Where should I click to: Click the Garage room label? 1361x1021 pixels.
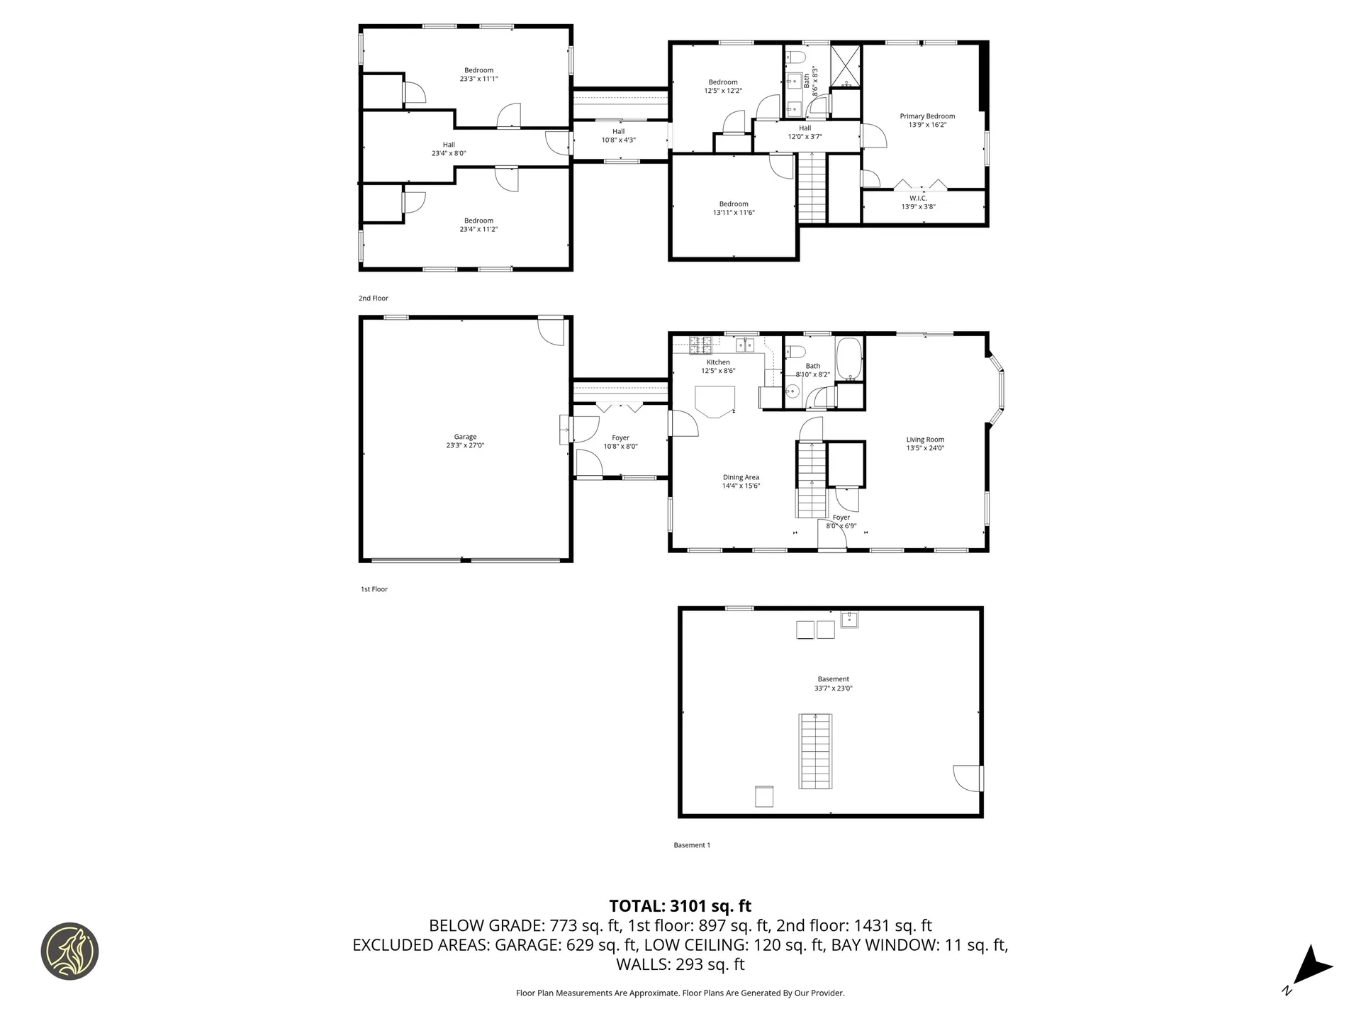[465, 437]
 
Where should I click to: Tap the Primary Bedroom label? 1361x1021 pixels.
[927, 116]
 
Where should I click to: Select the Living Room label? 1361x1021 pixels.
[925, 440]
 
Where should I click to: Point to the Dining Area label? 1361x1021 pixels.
[741, 477]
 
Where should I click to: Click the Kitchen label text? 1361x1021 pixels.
[718, 362]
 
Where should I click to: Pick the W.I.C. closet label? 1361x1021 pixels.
[918, 199]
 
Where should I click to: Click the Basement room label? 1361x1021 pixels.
[833, 679]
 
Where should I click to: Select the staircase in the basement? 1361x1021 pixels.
[815, 751]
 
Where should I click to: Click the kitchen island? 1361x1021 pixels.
[715, 401]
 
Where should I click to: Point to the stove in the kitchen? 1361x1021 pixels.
[701, 345]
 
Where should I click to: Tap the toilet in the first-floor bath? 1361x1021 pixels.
[794, 351]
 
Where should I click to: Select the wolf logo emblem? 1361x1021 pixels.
[69, 952]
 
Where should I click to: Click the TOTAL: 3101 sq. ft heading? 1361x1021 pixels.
[680, 906]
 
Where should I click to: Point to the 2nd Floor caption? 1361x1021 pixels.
[374, 299]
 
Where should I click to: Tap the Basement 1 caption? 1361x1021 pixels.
[692, 845]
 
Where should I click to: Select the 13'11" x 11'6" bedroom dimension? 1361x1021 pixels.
[734, 213]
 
